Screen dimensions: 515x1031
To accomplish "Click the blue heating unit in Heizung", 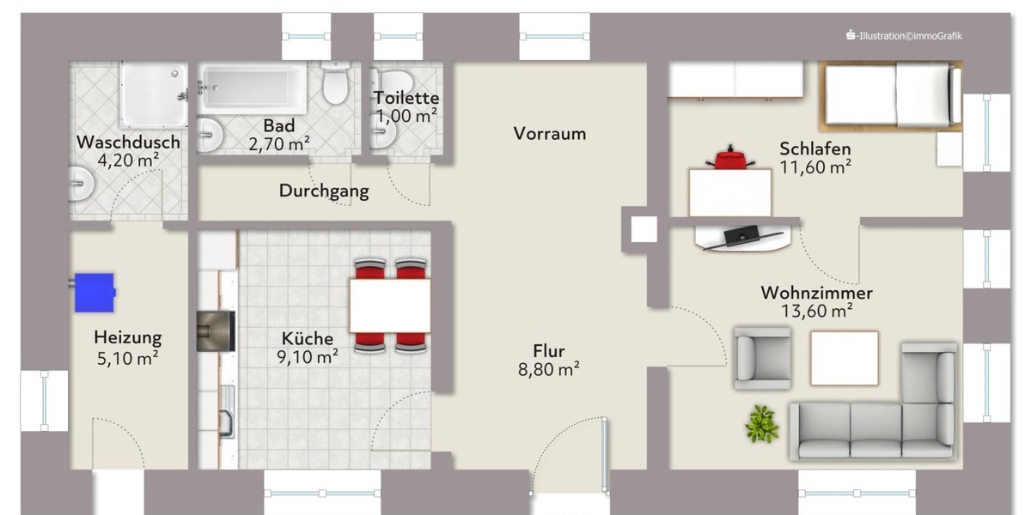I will click(95, 292).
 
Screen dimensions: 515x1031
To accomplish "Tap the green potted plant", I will click(761, 423).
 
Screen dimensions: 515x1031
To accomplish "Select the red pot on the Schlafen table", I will click(729, 160).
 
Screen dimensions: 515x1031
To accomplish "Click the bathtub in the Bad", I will click(253, 88).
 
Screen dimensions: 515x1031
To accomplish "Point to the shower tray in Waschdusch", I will click(154, 94).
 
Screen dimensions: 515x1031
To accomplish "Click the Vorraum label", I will click(550, 134).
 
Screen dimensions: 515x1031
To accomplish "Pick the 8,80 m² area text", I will click(550, 370).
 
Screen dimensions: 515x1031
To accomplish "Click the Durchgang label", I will click(324, 191).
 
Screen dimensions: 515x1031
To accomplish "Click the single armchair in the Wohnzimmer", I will click(762, 357).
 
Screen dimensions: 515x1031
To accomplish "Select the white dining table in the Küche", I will click(390, 306).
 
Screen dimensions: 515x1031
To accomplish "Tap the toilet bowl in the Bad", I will click(336, 84).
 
